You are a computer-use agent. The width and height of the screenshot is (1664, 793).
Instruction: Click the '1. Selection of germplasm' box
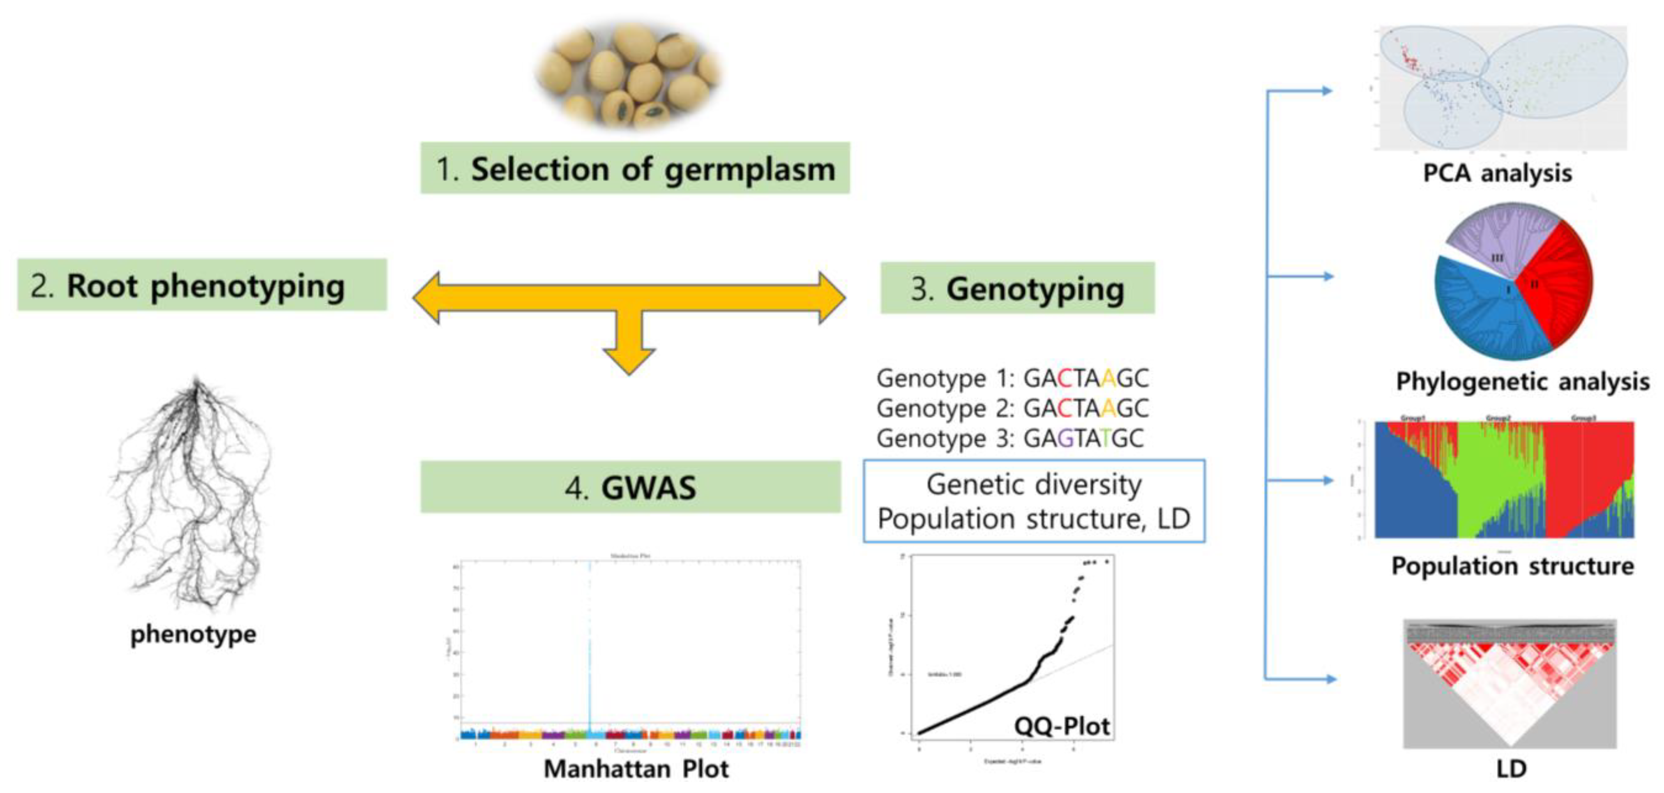(635, 168)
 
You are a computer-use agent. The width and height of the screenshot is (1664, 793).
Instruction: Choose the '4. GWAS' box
(630, 487)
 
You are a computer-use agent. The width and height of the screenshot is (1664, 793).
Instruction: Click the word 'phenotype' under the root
(193, 634)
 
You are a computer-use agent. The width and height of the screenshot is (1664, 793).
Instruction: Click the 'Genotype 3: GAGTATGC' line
(1009, 438)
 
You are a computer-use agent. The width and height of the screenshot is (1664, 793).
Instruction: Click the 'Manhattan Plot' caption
(636, 768)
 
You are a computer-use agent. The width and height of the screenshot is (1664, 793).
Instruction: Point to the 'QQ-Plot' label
(1061, 726)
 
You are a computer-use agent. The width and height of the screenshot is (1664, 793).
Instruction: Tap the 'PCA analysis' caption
(1497, 173)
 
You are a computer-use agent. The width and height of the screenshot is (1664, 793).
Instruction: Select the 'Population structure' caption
(1512, 566)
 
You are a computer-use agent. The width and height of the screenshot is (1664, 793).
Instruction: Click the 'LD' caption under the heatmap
(1512, 768)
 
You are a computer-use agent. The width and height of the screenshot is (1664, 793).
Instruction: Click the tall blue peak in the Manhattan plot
(589, 646)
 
